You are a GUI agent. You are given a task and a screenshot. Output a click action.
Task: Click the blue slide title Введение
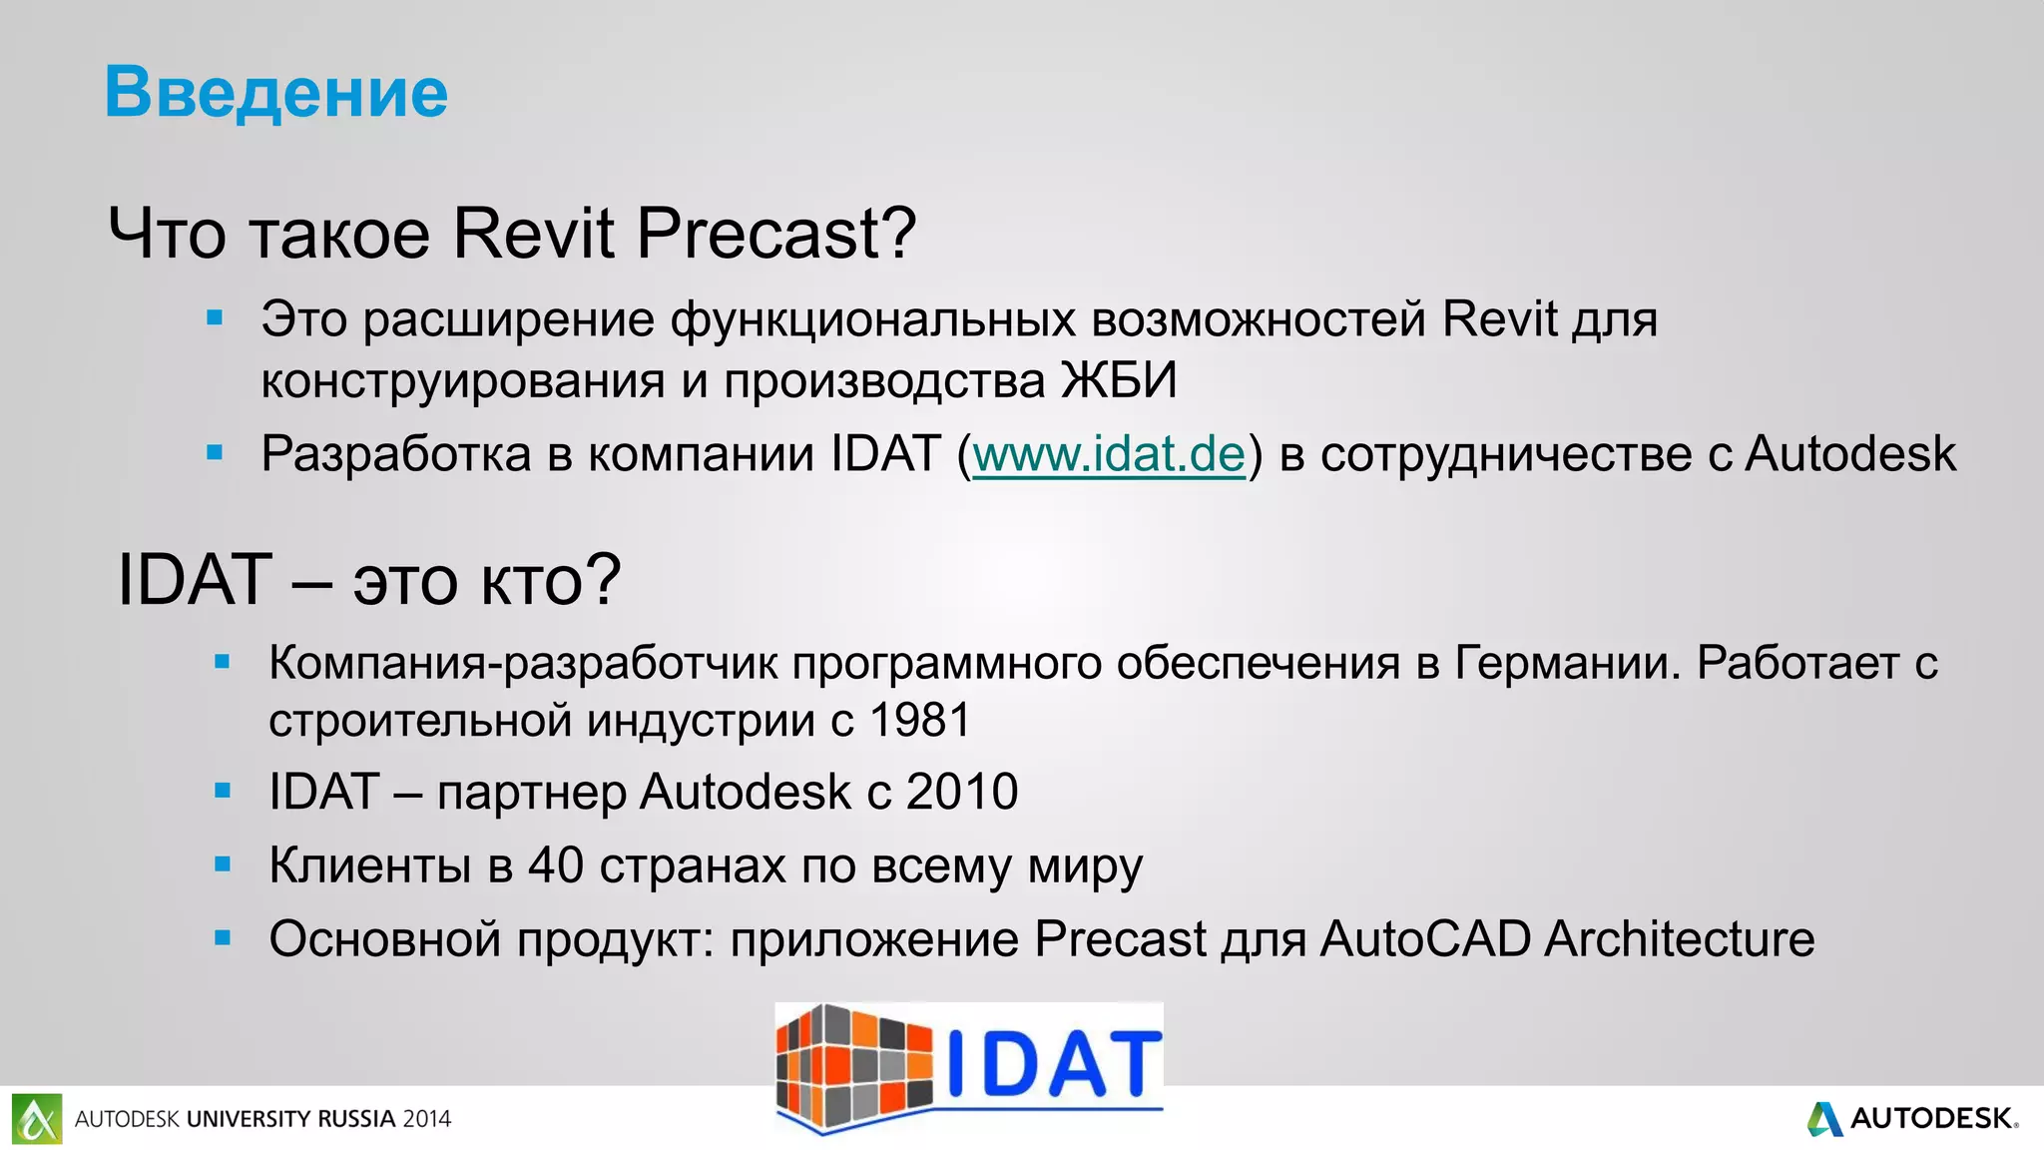(276, 92)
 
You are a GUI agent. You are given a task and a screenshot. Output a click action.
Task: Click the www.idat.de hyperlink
(1109, 454)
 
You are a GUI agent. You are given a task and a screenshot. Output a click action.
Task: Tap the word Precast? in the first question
(775, 234)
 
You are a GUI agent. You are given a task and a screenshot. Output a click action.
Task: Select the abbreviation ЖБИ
(1119, 380)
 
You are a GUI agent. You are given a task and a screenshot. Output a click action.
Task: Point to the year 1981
(919, 720)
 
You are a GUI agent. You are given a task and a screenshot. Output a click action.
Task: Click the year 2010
(961, 792)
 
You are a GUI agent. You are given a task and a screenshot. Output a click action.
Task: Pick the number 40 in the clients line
(555, 864)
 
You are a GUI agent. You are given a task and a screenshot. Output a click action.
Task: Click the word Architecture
(1679, 938)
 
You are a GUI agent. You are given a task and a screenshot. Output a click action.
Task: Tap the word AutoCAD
(1424, 938)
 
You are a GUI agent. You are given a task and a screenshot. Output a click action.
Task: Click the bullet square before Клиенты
(223, 864)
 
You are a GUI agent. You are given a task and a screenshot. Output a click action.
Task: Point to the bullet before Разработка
(215, 453)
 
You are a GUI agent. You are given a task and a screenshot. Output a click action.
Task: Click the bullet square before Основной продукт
(223, 938)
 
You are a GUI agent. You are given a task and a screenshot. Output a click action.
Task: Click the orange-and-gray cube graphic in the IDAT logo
(853, 1066)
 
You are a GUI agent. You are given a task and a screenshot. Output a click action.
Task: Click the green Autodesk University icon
(37, 1119)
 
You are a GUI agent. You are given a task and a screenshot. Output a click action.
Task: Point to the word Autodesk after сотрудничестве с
(1849, 454)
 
